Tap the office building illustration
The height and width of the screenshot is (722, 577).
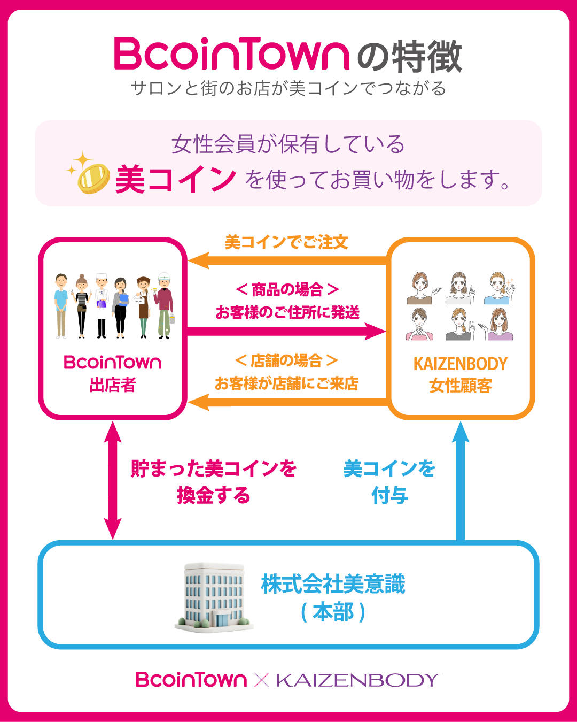[213, 597]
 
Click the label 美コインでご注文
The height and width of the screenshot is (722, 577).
[286, 242]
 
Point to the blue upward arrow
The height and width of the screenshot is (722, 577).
[461, 481]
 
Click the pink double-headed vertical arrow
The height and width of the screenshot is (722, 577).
[113, 480]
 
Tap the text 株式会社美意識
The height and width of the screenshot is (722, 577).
[333, 584]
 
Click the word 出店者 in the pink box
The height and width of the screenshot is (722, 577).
[113, 385]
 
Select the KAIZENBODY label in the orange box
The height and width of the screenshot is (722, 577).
[460, 364]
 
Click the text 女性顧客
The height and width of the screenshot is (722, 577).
[460, 386]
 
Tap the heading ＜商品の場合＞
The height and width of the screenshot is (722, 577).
[287, 290]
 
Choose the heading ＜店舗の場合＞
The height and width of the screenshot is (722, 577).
[286, 360]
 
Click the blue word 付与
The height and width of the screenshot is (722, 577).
[389, 496]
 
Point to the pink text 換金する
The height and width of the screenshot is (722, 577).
[214, 496]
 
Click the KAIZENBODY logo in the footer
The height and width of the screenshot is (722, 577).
[358, 680]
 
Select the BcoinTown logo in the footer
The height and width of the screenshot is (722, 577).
[191, 680]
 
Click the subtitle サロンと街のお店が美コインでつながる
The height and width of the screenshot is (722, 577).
[288, 88]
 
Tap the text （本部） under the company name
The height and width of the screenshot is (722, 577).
[333, 612]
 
